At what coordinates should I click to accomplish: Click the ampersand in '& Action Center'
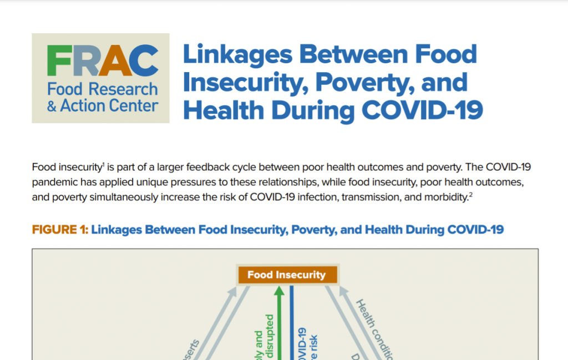(x=52, y=105)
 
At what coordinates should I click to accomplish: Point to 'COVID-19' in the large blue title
(x=422, y=110)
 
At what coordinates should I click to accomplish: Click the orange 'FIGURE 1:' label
(x=60, y=230)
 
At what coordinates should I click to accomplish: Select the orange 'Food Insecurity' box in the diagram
(x=286, y=275)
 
